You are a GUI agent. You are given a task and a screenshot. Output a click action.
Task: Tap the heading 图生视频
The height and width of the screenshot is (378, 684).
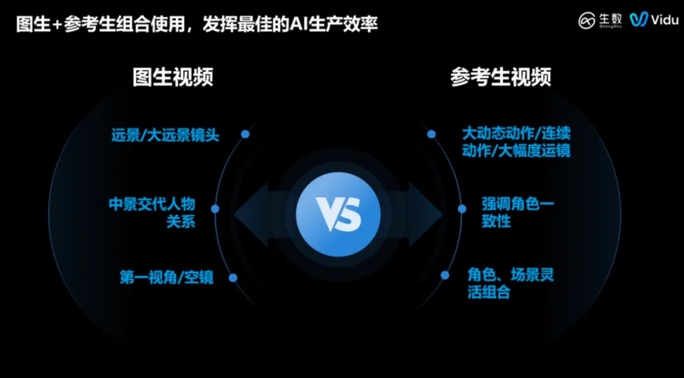172,77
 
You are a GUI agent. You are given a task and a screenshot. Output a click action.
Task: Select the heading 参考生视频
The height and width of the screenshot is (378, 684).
500,77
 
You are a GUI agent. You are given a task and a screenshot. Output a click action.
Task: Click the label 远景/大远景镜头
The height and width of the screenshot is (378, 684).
165,135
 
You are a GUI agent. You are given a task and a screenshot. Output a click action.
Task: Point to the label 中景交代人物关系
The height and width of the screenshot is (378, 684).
152,213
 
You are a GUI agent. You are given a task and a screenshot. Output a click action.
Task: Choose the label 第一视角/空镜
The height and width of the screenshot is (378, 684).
167,277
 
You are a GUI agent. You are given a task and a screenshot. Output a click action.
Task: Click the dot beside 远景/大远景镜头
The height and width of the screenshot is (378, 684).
245,134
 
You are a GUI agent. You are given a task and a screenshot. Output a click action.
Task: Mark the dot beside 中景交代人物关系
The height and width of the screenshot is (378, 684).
215,208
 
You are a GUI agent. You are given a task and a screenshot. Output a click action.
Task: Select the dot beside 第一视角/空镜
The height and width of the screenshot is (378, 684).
233,277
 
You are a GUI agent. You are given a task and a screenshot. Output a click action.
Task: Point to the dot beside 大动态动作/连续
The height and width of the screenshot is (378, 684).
431,134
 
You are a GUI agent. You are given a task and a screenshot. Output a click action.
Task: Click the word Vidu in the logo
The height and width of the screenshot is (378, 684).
665,20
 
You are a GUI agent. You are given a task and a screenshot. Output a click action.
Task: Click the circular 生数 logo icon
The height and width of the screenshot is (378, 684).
587,20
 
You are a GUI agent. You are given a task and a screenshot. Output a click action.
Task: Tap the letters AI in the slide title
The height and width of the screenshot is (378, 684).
299,25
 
